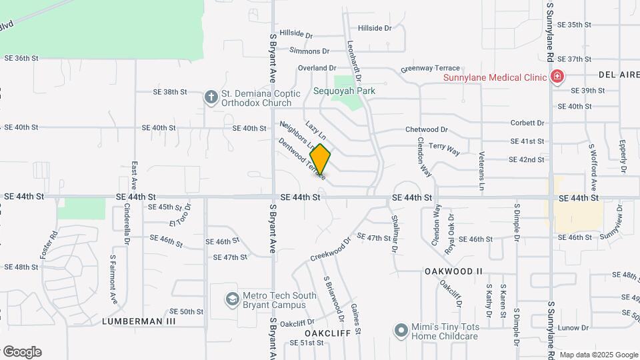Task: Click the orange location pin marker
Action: (321, 160)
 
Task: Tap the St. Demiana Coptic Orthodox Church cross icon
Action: (211, 97)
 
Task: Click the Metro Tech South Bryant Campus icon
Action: (231, 299)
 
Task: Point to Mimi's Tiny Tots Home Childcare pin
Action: (401, 330)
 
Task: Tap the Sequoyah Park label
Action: (345, 91)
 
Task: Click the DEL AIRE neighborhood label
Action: (619, 75)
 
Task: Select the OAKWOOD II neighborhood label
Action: (453, 271)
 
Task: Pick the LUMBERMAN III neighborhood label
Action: (139, 321)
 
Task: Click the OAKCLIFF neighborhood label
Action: (323, 332)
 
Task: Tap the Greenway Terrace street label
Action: (430, 69)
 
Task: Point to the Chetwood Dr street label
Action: (427, 129)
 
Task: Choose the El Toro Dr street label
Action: (181, 219)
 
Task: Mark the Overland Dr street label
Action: (317, 68)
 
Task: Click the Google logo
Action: (22, 351)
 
